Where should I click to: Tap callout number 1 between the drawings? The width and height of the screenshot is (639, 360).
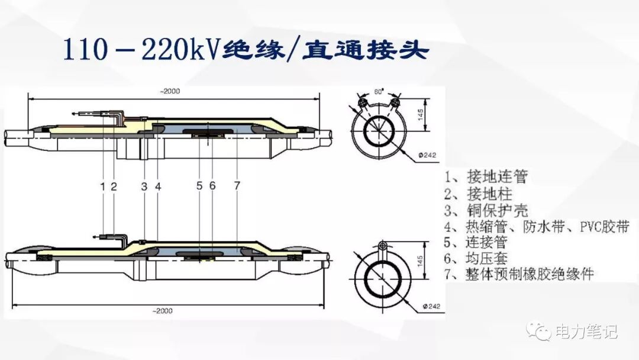pyautogui.click(x=103, y=186)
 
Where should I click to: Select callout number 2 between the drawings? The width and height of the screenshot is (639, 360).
pyautogui.click(x=114, y=186)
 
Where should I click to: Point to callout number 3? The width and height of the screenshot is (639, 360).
pyautogui.click(x=144, y=186)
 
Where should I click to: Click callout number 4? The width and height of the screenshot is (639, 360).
pyautogui.click(x=158, y=186)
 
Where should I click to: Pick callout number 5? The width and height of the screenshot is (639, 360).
pyautogui.click(x=199, y=186)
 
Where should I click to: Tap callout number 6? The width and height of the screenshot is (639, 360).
pyautogui.click(x=212, y=186)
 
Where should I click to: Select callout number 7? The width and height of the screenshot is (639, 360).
pyautogui.click(x=237, y=186)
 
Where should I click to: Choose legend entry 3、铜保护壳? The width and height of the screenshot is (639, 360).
pyautogui.click(x=486, y=210)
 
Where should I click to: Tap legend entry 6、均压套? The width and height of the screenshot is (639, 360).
pyautogui.click(x=476, y=259)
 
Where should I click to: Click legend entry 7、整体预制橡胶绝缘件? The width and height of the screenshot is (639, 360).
pyautogui.click(x=519, y=275)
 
